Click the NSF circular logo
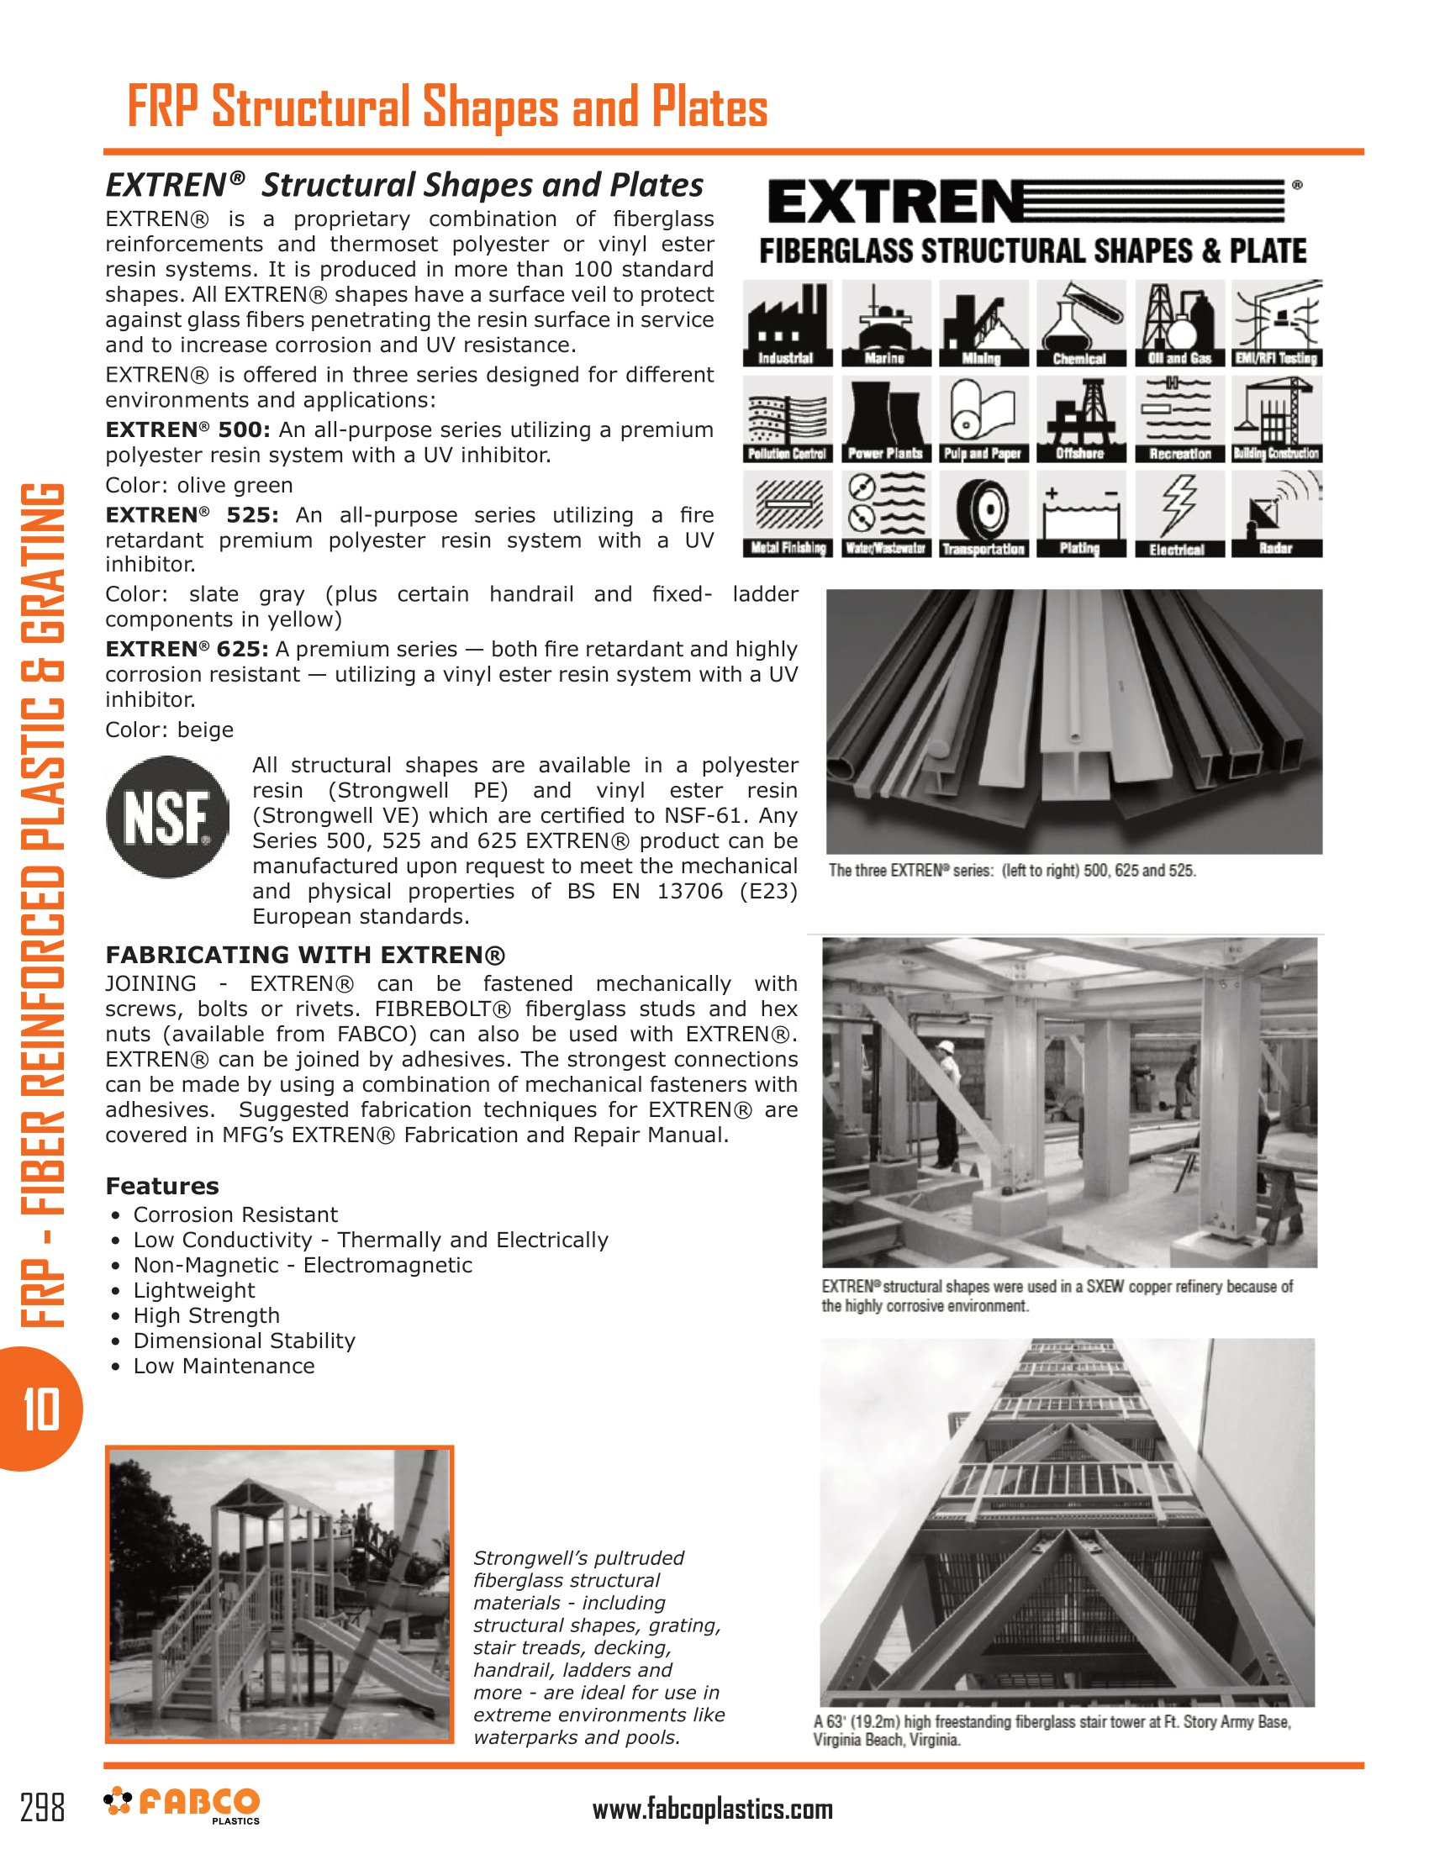[166, 817]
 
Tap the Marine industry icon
[885, 323]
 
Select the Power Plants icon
[885, 419]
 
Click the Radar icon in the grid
[1276, 514]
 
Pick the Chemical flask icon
[1079, 323]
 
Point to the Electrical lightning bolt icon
[1179, 514]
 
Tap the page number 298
[42, 1807]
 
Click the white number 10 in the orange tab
[40, 1409]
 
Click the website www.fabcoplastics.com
[712, 1809]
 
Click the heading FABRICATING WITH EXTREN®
[305, 955]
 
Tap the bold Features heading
[161, 1186]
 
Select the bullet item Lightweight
[194, 1290]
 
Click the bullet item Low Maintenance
[224, 1366]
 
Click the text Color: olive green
[199, 485]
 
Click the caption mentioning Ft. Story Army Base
[1052, 1730]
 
